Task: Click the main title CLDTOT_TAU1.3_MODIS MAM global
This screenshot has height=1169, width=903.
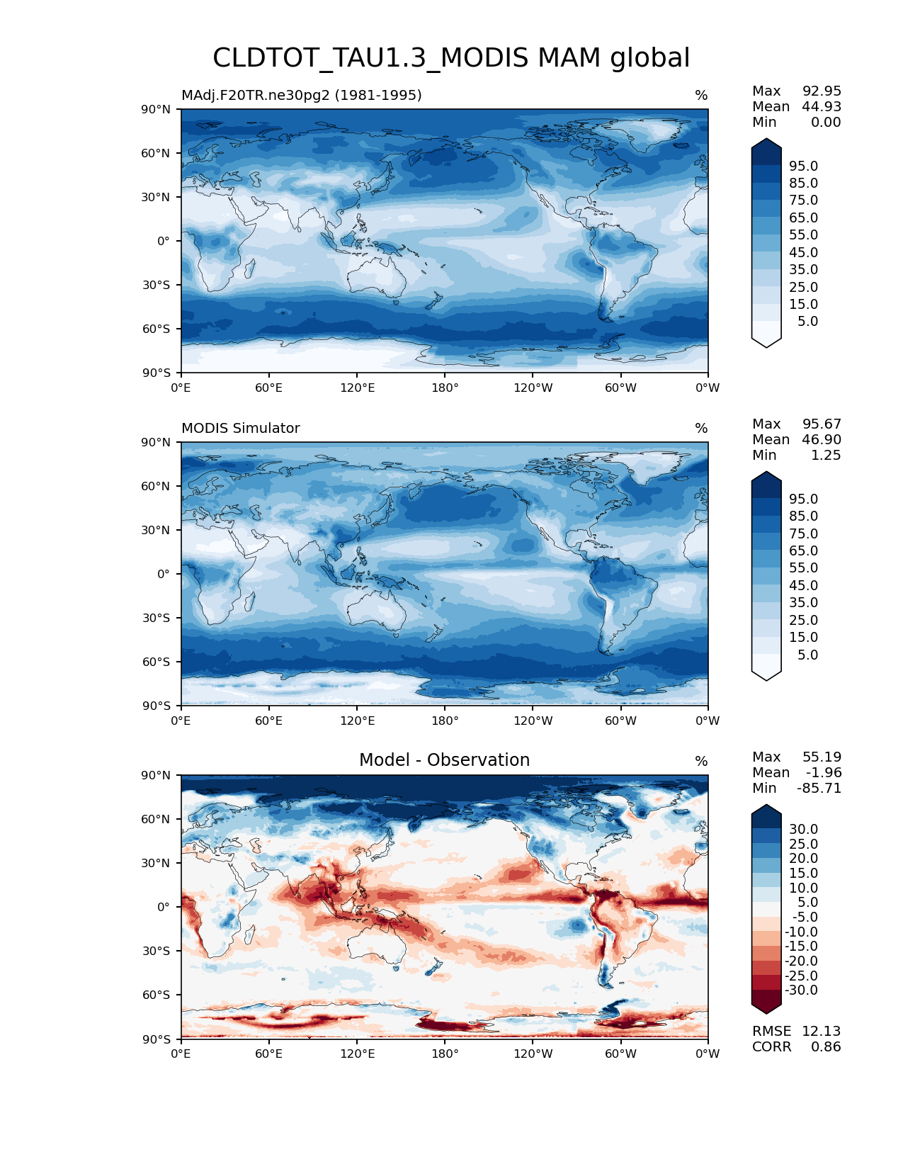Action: pyautogui.click(x=451, y=58)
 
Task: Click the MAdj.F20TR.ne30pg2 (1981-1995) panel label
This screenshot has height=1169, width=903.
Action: pyautogui.click(x=302, y=96)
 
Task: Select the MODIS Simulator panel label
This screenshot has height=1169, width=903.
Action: pyautogui.click(x=241, y=429)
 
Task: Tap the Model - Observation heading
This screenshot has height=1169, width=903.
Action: pyautogui.click(x=444, y=760)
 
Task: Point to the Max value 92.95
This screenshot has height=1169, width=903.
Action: pyautogui.click(x=822, y=91)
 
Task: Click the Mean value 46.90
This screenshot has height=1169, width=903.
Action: pyautogui.click(x=822, y=440)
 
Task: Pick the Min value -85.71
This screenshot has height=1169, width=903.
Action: pyautogui.click(x=819, y=789)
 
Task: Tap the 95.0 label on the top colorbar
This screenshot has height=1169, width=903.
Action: pyautogui.click(x=803, y=166)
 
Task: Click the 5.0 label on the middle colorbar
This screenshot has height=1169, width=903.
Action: pyautogui.click(x=807, y=655)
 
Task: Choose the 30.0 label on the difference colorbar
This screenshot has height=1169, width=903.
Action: pyautogui.click(x=803, y=830)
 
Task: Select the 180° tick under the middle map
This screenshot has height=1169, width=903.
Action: pyautogui.click(x=445, y=721)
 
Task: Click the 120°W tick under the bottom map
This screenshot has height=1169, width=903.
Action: pyautogui.click(x=533, y=1054)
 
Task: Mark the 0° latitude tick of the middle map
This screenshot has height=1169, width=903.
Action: pyautogui.click(x=164, y=574)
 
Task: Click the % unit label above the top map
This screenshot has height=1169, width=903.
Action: pyautogui.click(x=701, y=96)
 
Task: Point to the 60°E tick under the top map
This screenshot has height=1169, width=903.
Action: pyautogui.click(x=269, y=388)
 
